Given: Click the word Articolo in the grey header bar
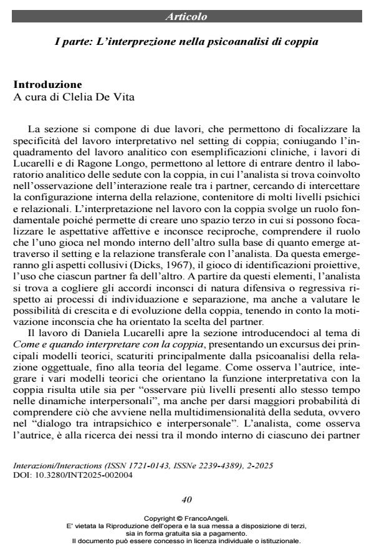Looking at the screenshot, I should click(x=186, y=17).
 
